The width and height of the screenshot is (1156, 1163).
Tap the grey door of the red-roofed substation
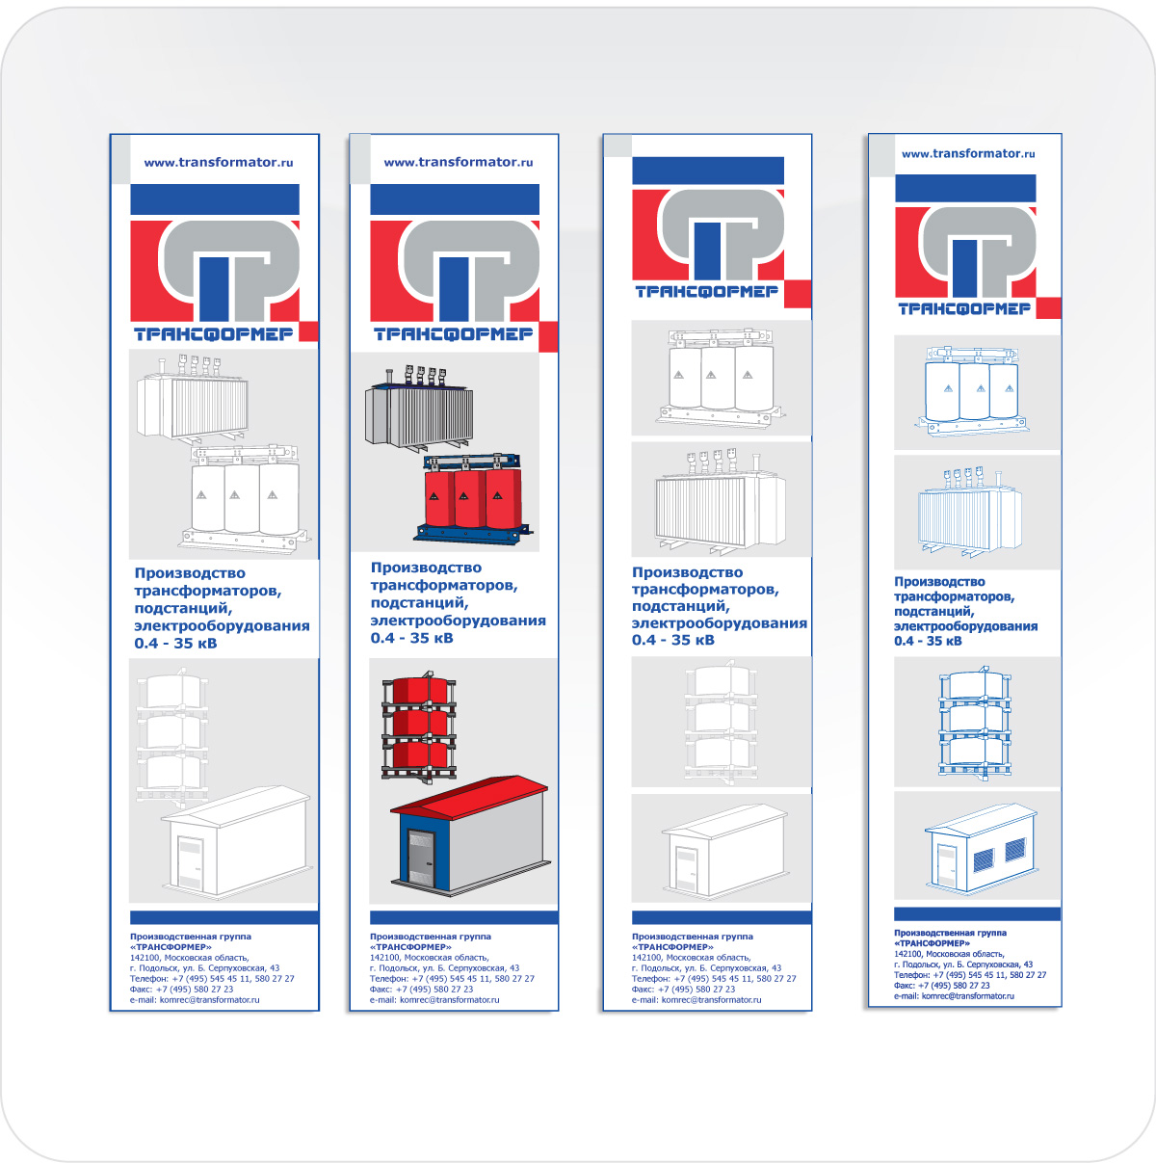[421, 857]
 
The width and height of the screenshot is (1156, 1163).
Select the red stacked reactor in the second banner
[419, 727]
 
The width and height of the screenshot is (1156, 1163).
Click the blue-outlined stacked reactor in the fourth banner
[974, 723]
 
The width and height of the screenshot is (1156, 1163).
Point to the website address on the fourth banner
[967, 154]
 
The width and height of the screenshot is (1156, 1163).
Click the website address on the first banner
[219, 162]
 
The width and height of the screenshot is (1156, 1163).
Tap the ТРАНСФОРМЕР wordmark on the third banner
[706, 292]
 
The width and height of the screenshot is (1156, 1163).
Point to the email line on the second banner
[434, 999]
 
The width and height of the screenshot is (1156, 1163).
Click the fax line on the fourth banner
[942, 985]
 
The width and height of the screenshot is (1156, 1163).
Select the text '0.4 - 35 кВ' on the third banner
[673, 641]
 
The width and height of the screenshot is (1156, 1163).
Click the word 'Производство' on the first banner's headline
[190, 572]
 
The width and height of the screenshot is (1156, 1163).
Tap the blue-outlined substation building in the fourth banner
[982, 847]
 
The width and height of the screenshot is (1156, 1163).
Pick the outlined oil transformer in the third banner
[721, 502]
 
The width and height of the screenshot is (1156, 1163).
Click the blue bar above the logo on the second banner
[455, 199]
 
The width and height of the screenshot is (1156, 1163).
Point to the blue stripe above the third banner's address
[722, 917]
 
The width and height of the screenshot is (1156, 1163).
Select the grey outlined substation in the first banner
[236, 840]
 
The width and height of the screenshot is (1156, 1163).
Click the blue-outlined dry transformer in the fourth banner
[973, 391]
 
